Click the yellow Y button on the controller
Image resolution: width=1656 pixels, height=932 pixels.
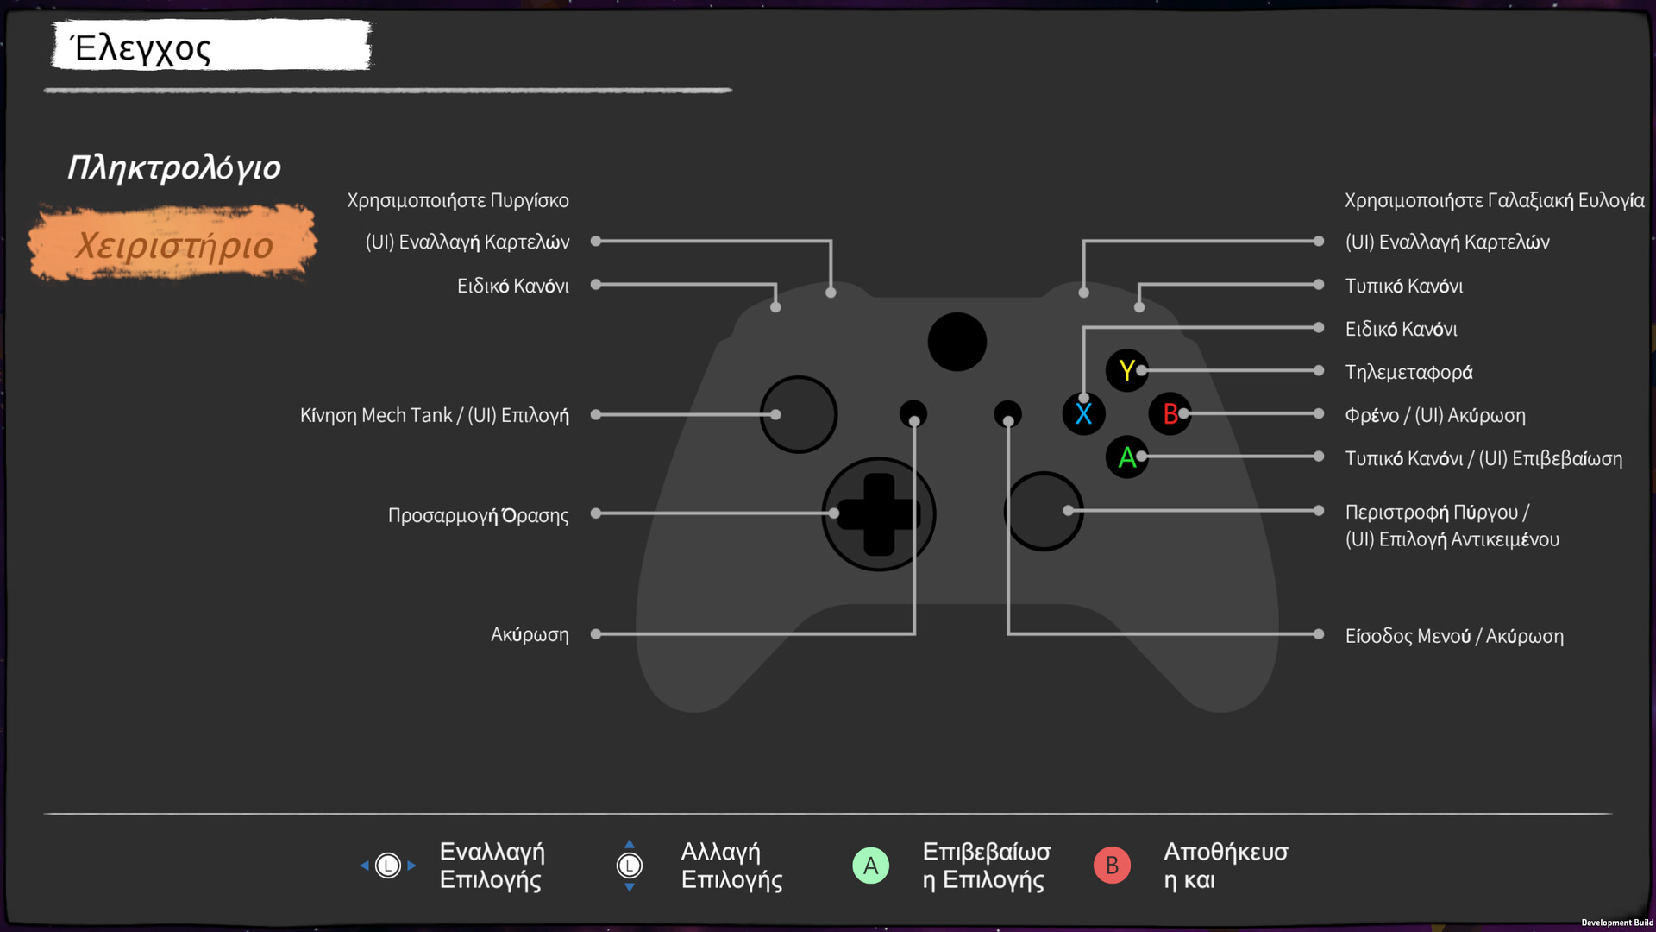pos(1126,370)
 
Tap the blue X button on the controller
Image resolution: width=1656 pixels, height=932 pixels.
pos(1083,414)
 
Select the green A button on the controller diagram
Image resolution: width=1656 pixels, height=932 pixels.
pos(1126,457)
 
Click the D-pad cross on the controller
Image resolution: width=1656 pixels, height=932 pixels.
pos(879,514)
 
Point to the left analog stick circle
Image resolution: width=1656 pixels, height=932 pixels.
pos(799,414)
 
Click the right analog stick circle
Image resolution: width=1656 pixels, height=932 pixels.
pos(1044,511)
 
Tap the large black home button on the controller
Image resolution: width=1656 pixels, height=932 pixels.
pos(957,342)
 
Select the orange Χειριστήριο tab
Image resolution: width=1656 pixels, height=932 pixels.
pos(173,245)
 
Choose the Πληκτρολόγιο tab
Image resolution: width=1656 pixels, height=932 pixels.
pos(174,167)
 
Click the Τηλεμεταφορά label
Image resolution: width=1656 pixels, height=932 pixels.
pos(1408,372)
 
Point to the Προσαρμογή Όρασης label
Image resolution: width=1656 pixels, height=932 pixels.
pos(478,515)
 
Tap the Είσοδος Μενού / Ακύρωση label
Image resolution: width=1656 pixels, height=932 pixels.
pos(1454,636)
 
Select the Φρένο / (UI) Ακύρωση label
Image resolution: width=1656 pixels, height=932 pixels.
pos(1435,415)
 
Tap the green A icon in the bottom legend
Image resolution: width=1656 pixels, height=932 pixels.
pos(870,865)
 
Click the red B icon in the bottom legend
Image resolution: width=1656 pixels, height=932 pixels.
pos(1112,865)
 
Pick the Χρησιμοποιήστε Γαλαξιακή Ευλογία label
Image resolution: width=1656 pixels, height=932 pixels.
pos(1494,200)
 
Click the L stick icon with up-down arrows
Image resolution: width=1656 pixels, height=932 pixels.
pos(630,865)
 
